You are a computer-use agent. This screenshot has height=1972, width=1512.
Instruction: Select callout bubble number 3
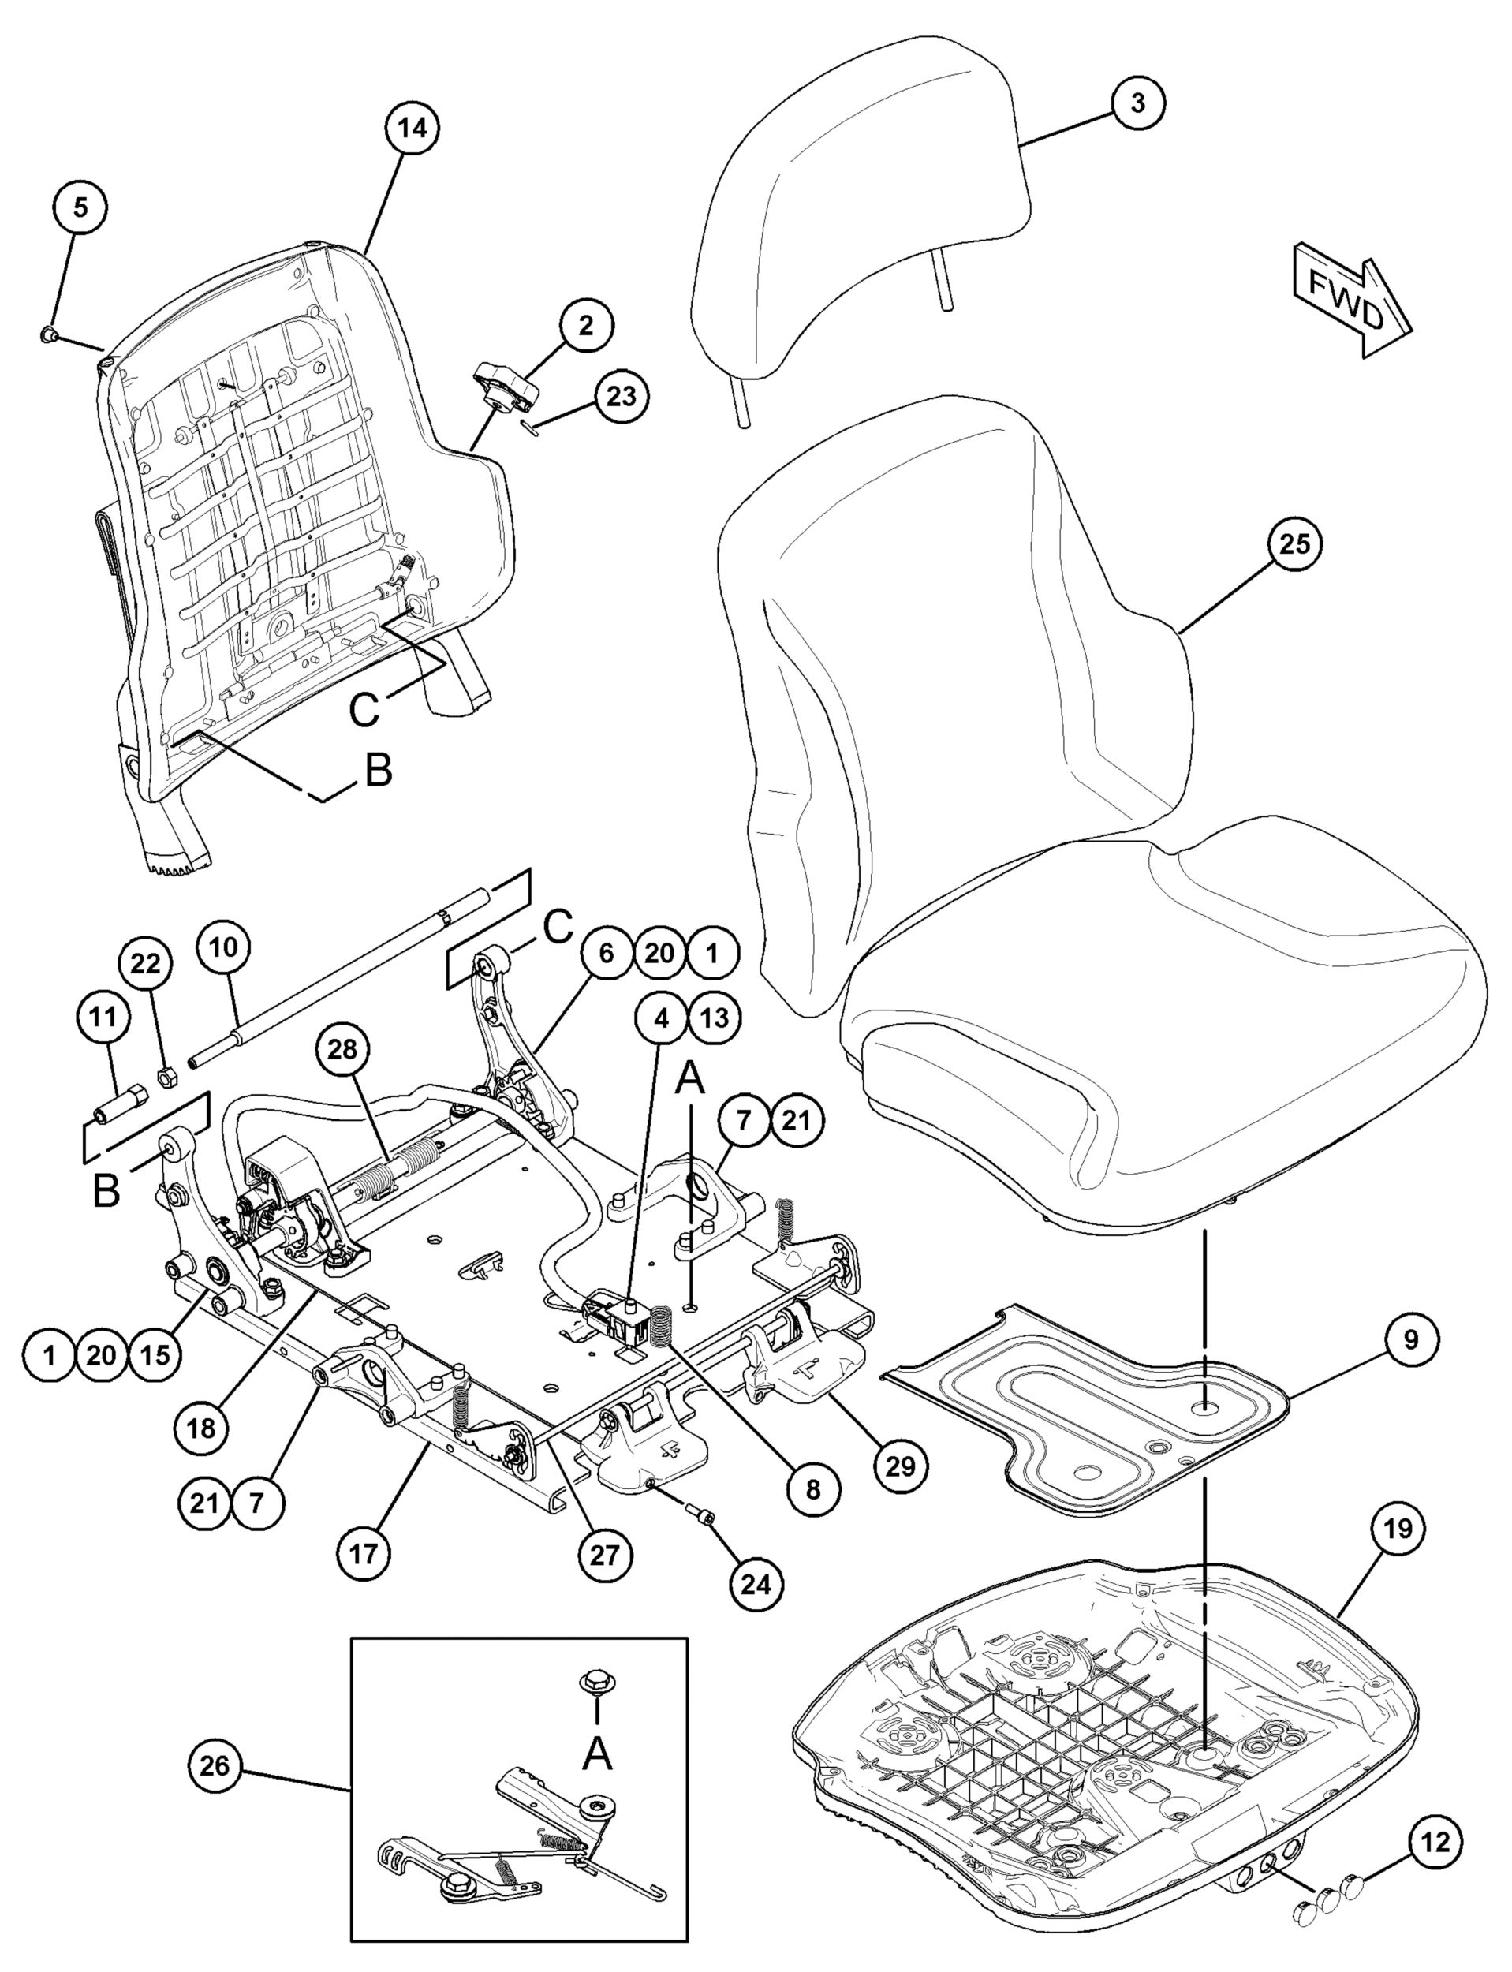pos(1137,103)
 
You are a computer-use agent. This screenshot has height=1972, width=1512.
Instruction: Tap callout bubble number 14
pos(413,129)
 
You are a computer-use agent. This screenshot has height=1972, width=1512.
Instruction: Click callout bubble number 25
pos(1295,544)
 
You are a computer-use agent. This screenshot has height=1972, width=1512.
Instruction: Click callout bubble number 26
pos(215,1766)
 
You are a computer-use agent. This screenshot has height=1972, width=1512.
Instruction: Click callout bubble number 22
pos(146,964)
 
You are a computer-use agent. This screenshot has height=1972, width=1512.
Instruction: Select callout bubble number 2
pos(586,326)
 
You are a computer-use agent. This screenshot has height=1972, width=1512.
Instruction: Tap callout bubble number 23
pos(621,396)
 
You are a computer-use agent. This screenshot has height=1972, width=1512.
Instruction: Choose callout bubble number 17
pos(365,1552)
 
